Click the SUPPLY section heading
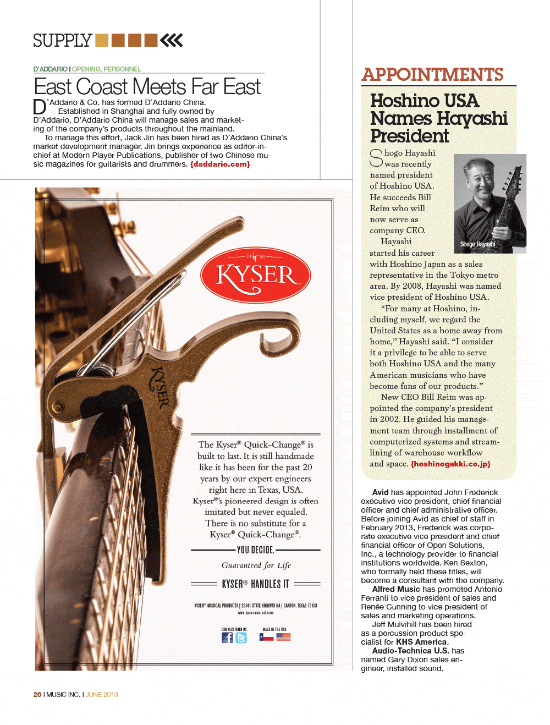(62, 41)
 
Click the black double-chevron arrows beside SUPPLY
(172, 40)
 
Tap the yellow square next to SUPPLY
(102, 40)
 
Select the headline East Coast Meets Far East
(147, 87)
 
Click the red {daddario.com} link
(220, 164)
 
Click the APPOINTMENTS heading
(432, 75)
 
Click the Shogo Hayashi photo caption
(477, 244)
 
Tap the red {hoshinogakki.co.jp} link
(450, 464)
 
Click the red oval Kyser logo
(256, 275)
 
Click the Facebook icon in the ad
(227, 638)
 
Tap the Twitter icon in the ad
(241, 638)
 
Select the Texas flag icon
(267, 637)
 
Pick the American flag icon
(283, 637)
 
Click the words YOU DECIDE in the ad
(255, 550)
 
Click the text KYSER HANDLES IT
(255, 584)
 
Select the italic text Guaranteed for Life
(256, 565)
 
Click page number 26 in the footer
(37, 695)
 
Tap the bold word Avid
(380, 492)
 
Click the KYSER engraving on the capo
(159, 388)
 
